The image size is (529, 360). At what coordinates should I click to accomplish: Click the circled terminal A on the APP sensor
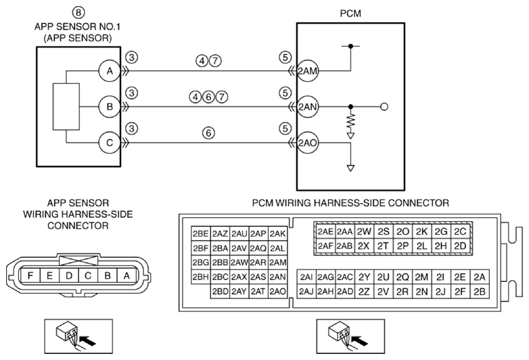[110, 71]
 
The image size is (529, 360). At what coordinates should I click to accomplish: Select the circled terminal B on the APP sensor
[110, 107]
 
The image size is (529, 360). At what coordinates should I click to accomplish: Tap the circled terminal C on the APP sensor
[110, 143]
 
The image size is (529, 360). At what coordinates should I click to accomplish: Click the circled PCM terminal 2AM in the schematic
[307, 71]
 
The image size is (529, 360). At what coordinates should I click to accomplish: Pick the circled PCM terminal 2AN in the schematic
[307, 107]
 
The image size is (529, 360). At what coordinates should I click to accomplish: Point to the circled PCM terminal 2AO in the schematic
[307, 143]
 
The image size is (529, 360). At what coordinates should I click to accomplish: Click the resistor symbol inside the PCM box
[351, 120]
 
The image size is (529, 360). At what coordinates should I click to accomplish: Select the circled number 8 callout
[78, 12]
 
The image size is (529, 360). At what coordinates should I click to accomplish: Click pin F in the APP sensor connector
[30, 276]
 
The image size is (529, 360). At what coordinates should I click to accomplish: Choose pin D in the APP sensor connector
[69, 276]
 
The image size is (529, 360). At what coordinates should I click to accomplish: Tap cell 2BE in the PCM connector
[200, 233]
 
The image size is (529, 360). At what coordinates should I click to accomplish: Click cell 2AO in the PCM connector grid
[277, 292]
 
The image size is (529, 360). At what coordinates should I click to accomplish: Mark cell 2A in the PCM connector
[480, 277]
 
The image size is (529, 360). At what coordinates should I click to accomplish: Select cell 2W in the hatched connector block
[364, 231]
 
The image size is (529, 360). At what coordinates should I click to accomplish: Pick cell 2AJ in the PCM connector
[306, 292]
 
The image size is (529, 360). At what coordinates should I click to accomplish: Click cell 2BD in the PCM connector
[221, 292]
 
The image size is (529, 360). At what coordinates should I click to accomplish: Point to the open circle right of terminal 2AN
[384, 107]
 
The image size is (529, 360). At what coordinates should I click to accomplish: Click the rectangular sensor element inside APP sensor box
[66, 107]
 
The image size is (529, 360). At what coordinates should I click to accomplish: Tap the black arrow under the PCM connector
[359, 341]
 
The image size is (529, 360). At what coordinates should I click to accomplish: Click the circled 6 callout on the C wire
[208, 133]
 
